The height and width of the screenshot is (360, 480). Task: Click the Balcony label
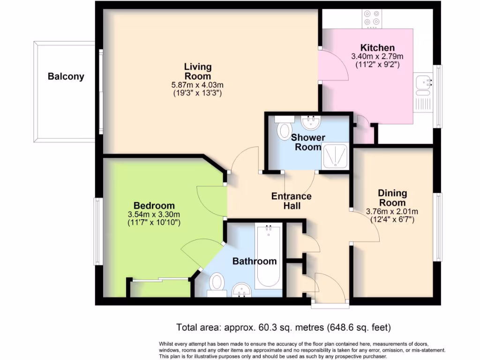click(x=66, y=76)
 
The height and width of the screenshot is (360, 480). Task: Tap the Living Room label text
click(x=197, y=71)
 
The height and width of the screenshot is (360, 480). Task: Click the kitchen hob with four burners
click(x=372, y=18)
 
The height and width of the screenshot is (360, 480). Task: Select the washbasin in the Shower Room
click(x=310, y=123)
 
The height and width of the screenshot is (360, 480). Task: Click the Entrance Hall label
click(x=291, y=201)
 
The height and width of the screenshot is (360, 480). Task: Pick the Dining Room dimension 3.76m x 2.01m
click(x=392, y=211)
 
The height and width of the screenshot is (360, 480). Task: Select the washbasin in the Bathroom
click(x=242, y=291)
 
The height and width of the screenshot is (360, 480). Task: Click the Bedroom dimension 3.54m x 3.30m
click(x=154, y=214)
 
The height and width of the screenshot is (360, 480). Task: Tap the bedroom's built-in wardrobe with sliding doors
click(x=160, y=287)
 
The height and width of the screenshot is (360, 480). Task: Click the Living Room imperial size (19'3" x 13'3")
click(x=197, y=93)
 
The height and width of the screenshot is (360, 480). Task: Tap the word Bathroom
click(x=255, y=261)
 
